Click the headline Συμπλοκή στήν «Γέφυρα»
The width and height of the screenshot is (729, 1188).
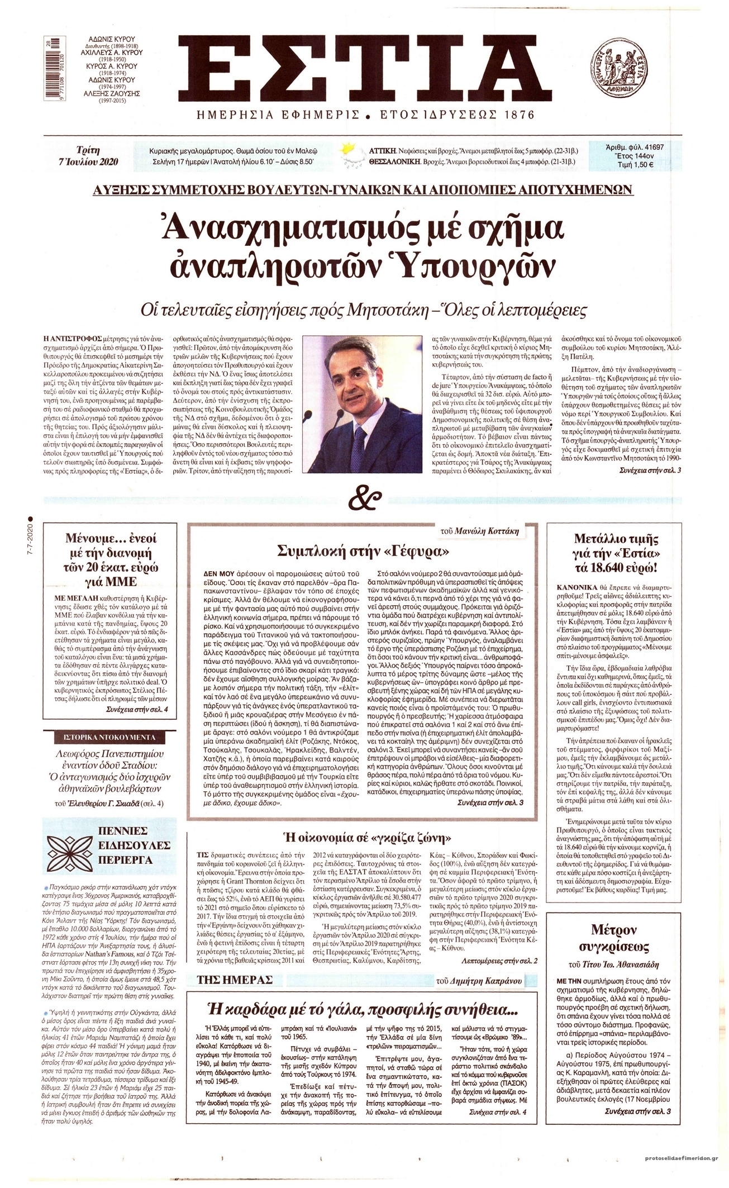[x=364, y=551]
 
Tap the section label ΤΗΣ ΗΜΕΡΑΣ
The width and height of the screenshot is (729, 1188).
[x=235, y=995]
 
